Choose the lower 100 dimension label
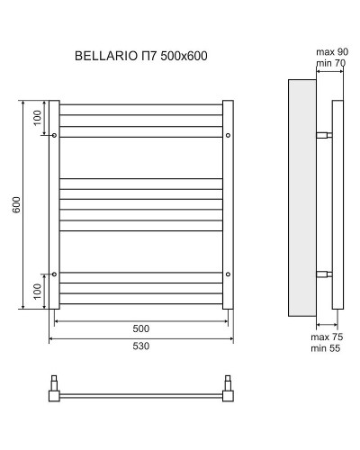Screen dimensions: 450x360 click(x=38, y=292)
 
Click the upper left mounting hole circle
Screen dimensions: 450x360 click(x=56, y=136)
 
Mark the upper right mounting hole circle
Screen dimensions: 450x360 click(x=228, y=136)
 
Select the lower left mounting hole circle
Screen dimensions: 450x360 click(x=56, y=274)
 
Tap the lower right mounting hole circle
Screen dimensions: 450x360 click(x=228, y=274)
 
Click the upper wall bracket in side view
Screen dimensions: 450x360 click(x=324, y=136)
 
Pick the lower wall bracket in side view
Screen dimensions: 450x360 click(x=324, y=274)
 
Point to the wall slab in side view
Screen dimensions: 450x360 click(x=301, y=198)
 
